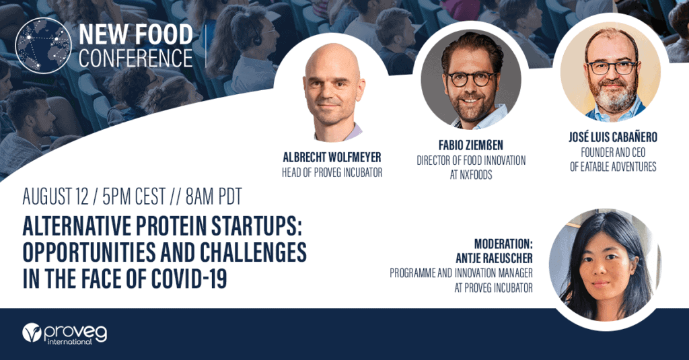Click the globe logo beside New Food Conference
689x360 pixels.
tap(43, 45)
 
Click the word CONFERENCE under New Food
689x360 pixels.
tap(136, 58)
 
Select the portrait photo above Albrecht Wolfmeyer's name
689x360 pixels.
tap(332, 92)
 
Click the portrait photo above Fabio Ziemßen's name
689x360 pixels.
tap(471, 81)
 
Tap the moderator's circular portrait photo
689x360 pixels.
tap(604, 265)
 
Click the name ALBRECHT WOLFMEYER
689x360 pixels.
tap(332, 157)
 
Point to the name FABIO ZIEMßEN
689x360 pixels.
tap(470, 145)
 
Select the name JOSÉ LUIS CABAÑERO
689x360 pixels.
tap(613, 137)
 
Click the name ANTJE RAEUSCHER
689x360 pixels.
tap(495, 258)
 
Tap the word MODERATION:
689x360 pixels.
tap(503, 244)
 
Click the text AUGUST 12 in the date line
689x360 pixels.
tap(56, 196)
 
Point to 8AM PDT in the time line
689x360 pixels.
tap(213, 196)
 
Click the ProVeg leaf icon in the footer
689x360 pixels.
tap(32, 333)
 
